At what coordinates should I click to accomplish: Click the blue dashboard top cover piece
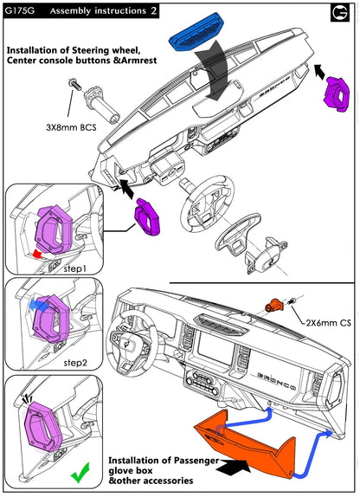[196, 32]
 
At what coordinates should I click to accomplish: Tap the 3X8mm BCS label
[71, 128]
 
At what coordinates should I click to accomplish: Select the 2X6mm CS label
[328, 323]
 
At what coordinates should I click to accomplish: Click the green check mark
[80, 473]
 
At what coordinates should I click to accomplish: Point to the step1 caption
[75, 269]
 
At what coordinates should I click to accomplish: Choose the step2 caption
[75, 362]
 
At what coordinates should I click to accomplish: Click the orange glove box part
[246, 443]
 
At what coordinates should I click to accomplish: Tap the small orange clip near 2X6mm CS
[273, 306]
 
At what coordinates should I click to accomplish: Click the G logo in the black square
[340, 12]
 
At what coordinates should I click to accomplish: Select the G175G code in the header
[19, 10]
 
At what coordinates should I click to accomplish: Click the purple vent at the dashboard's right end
[337, 92]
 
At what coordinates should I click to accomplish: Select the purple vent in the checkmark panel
[42, 430]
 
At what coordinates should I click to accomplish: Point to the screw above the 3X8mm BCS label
[74, 84]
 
